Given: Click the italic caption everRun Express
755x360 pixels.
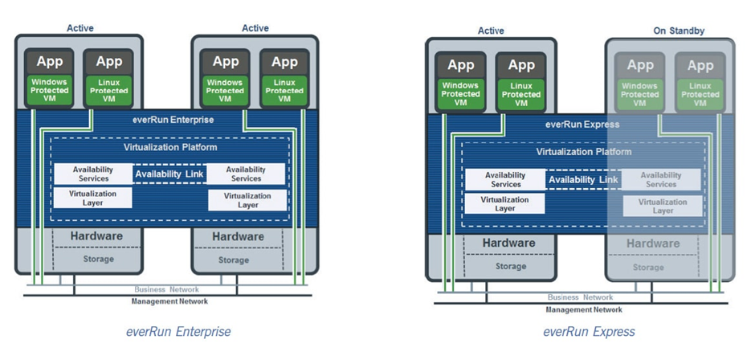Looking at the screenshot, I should click(589, 331).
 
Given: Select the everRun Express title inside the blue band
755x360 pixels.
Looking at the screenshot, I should click(578, 125).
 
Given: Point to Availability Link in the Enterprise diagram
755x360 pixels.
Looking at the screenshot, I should click(169, 174).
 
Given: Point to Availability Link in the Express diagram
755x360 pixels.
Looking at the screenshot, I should click(583, 180).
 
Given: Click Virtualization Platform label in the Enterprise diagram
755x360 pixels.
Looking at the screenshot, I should click(170, 147).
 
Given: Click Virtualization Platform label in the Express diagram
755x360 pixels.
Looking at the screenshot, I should click(584, 152).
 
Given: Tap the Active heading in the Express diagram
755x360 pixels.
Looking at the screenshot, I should click(491, 31).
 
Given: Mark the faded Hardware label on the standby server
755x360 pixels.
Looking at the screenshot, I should click(653, 243).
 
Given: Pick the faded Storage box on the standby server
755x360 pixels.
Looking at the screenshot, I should click(648, 267).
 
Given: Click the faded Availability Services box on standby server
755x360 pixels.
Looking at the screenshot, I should click(661, 179).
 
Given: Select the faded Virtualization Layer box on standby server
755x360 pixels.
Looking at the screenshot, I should click(663, 207).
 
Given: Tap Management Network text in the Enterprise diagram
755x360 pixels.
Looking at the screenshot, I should click(169, 301).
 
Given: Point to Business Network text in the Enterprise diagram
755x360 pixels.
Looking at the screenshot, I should click(169, 289).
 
